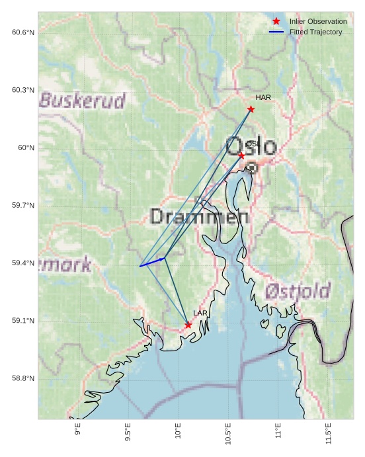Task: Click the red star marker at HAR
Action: (251, 109)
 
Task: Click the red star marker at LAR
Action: (188, 325)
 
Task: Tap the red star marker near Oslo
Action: (241, 155)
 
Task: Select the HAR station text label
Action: (263, 98)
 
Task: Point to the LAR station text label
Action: (200, 313)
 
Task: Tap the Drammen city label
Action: (199, 216)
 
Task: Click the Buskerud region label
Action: (83, 101)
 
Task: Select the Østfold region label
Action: (298, 291)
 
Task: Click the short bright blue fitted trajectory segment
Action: (152, 263)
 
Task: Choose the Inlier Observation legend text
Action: (318, 22)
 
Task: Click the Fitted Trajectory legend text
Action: (316, 32)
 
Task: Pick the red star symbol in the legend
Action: (276, 22)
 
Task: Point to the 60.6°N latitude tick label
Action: (23, 32)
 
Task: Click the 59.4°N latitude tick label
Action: (23, 263)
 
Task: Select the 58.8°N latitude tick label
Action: (23, 378)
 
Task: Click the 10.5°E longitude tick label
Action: (228, 433)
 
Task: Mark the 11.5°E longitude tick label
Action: (329, 433)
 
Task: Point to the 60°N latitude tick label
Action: (26, 148)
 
